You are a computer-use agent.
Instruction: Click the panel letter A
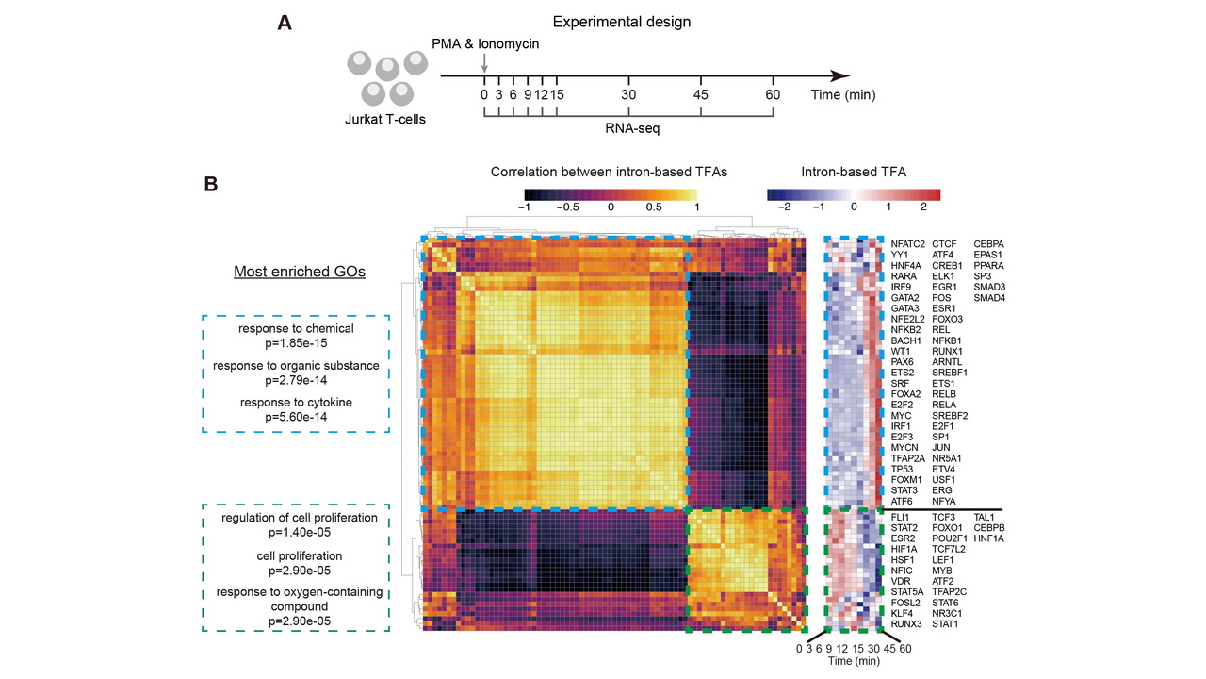[x=285, y=23]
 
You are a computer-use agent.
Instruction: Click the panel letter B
[x=211, y=184]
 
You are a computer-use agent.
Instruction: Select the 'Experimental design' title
[x=621, y=22]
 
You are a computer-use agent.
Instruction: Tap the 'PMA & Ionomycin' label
[x=485, y=43]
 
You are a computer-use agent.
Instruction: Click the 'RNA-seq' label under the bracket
[x=632, y=128]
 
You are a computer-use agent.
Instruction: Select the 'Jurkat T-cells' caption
[x=385, y=119]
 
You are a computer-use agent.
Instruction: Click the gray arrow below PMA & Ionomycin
[x=484, y=62]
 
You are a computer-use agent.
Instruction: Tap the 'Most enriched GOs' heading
[x=300, y=272]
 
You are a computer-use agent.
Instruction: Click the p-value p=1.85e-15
[x=296, y=343]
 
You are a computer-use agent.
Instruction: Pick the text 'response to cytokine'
[x=296, y=402]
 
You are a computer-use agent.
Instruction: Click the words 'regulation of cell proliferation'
[x=300, y=518]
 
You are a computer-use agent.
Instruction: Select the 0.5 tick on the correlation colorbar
[x=654, y=207]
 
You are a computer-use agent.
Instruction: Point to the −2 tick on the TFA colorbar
[x=784, y=207]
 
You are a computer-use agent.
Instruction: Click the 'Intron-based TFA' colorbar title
[x=854, y=172]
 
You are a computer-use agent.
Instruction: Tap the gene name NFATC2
[x=907, y=244]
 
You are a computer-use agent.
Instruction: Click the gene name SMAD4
[x=989, y=297]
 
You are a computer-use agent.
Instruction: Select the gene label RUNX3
[x=906, y=624]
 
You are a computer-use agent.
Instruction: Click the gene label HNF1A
[x=989, y=538]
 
